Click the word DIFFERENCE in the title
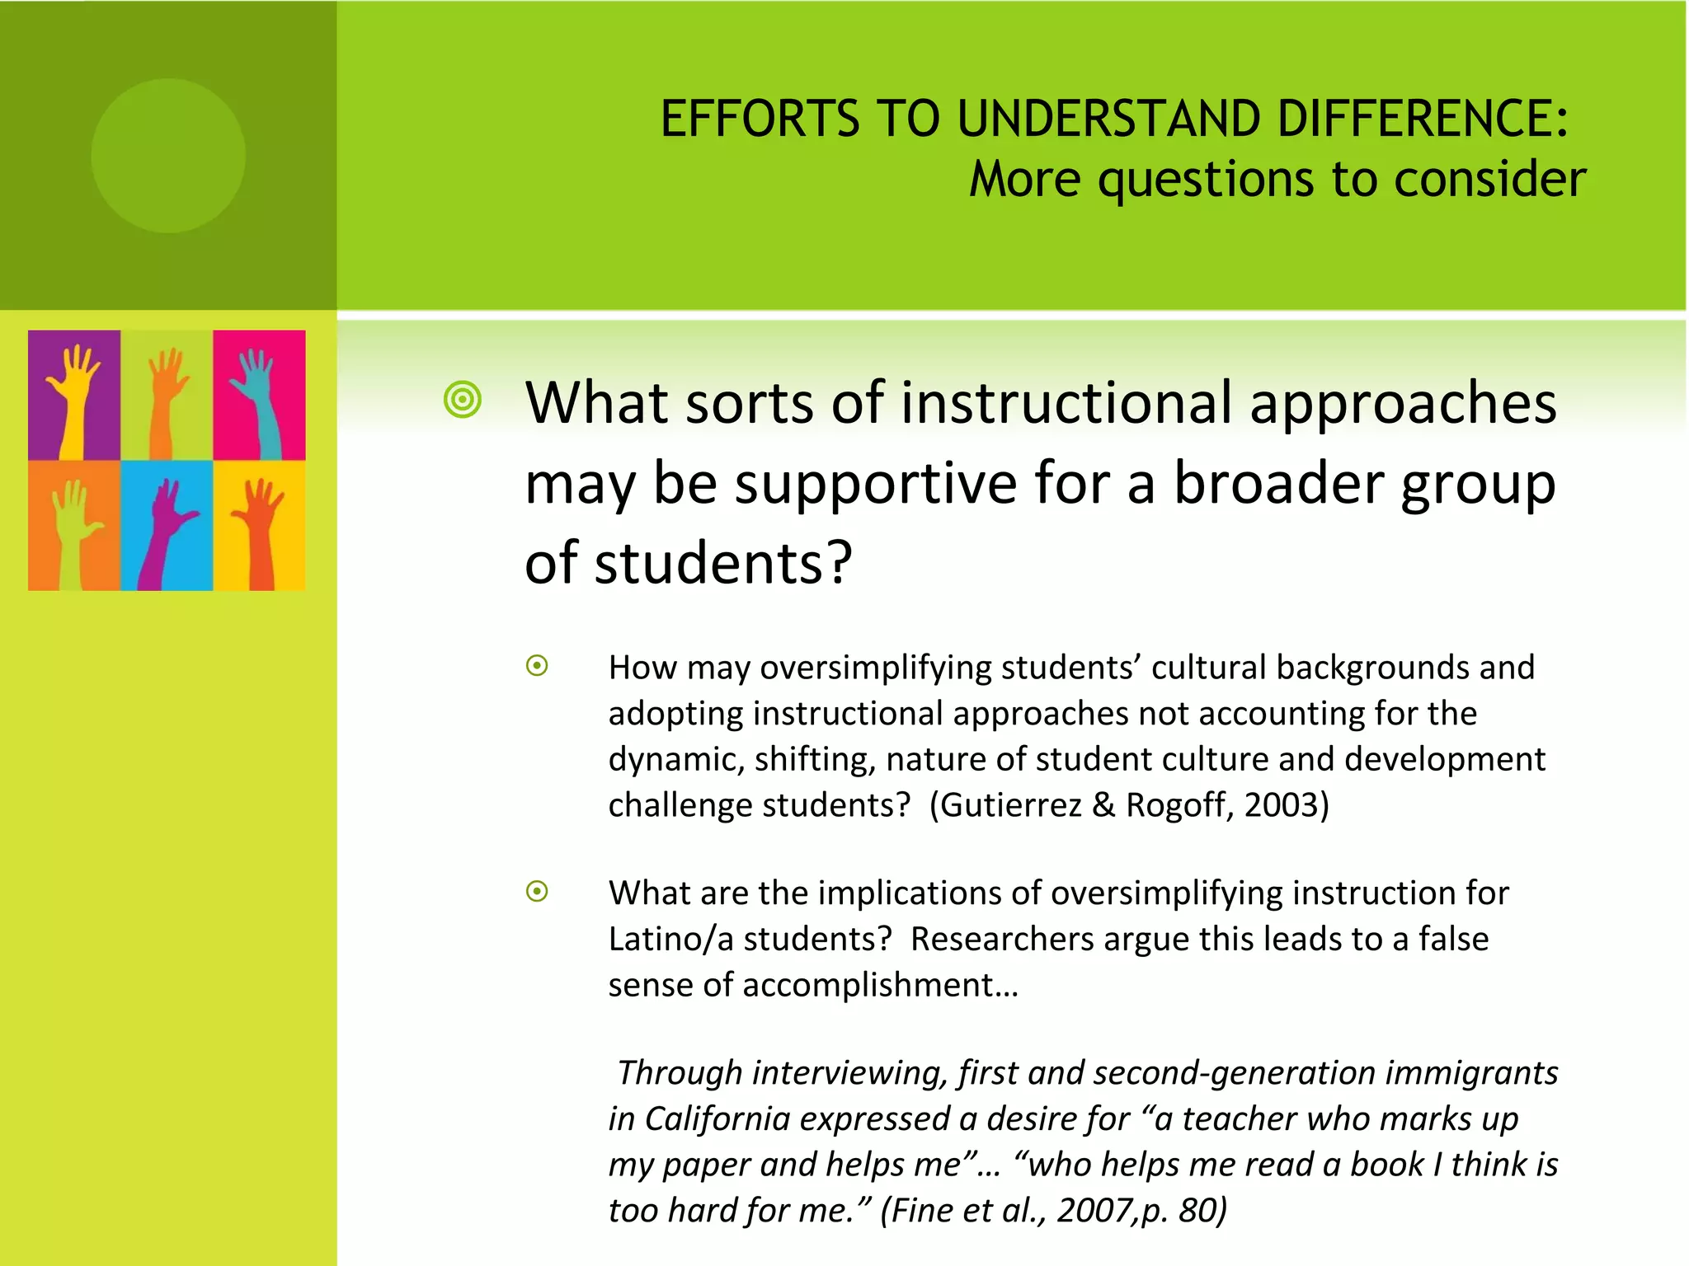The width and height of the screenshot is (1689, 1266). [x=1422, y=119]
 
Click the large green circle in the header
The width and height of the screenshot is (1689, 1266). [x=168, y=156]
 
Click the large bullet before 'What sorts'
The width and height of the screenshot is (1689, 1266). [x=462, y=401]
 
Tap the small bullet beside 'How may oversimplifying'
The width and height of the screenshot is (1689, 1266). [x=537, y=666]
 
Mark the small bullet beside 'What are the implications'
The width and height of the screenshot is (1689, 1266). [x=537, y=891]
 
